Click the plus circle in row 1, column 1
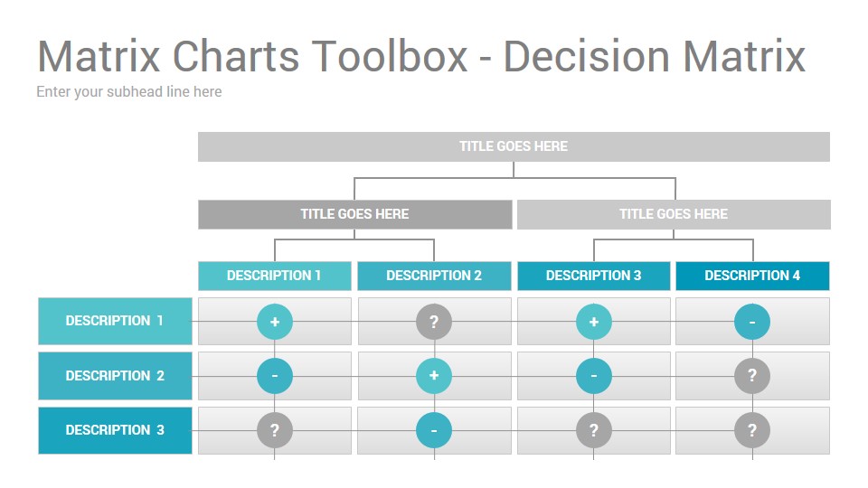click(275, 322)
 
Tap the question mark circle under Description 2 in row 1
click(434, 322)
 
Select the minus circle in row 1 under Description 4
click(751, 322)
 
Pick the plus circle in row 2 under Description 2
click(434, 376)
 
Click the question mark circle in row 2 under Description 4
click(751, 376)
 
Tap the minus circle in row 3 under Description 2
click(434, 430)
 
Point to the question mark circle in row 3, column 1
click(275, 430)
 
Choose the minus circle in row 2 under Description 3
click(593, 376)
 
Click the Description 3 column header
click(593, 276)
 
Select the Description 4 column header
click(752, 276)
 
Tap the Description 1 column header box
click(275, 276)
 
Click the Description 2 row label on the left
click(115, 376)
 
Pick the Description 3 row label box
click(115, 430)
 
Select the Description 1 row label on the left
click(115, 321)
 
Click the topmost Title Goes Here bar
click(514, 146)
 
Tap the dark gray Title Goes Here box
click(354, 214)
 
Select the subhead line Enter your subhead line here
click(129, 92)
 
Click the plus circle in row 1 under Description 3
click(593, 322)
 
